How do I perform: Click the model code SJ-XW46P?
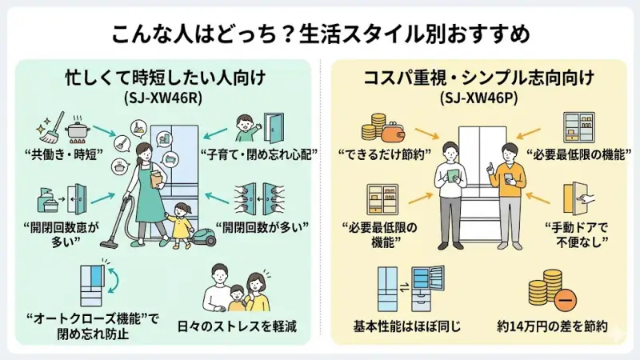click(x=479, y=100)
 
